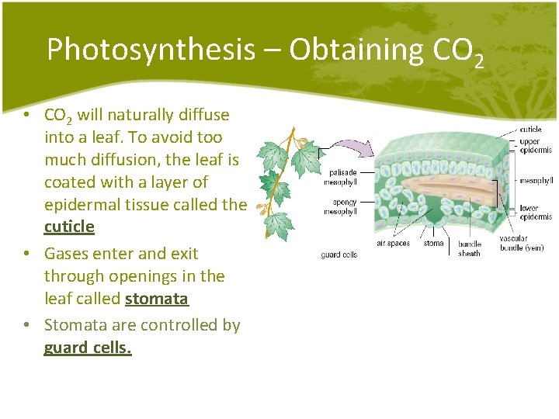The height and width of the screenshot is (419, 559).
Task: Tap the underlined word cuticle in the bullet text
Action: (69, 227)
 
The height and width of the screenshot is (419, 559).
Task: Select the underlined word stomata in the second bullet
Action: (156, 298)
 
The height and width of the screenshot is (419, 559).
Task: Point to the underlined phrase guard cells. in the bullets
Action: (88, 348)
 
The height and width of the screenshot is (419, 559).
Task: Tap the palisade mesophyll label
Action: (342, 177)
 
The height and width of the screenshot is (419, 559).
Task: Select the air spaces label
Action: (393, 244)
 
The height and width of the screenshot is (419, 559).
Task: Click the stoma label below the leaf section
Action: (433, 244)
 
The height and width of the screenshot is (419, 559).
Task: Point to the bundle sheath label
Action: (470, 248)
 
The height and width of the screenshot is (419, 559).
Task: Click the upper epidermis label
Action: (535, 146)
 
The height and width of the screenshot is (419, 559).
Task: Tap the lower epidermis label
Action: (536, 212)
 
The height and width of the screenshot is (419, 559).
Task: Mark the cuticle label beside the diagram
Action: (530, 130)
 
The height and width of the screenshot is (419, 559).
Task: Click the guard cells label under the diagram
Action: (339, 255)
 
